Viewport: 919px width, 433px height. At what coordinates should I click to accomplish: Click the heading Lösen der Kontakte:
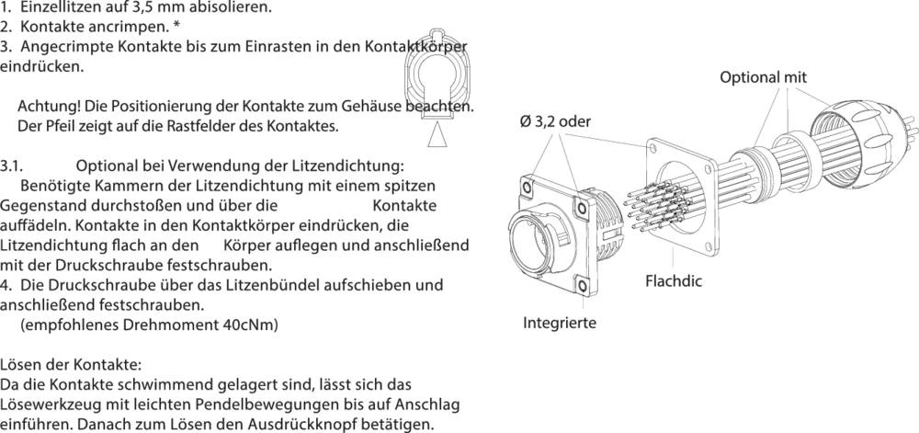tap(71, 364)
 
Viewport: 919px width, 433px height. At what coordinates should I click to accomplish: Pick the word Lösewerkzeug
tap(47, 405)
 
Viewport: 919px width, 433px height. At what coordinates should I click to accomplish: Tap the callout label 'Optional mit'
tap(762, 78)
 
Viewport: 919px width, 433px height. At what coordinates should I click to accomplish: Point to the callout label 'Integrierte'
tap(560, 323)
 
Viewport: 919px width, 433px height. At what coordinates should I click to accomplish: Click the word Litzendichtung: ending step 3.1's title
tap(350, 165)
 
